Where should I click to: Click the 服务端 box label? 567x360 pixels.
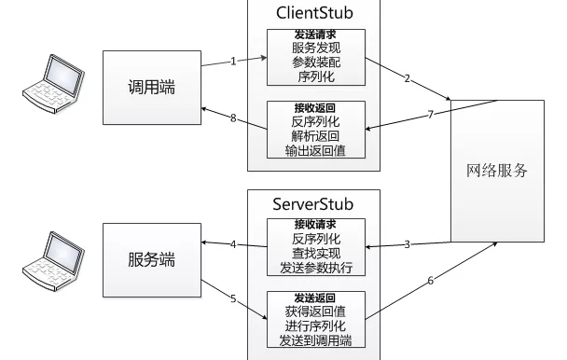click(x=152, y=260)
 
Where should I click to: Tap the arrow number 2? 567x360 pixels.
click(x=408, y=78)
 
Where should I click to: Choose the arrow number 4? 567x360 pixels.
click(x=233, y=244)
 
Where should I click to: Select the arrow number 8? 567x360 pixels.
click(x=233, y=118)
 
